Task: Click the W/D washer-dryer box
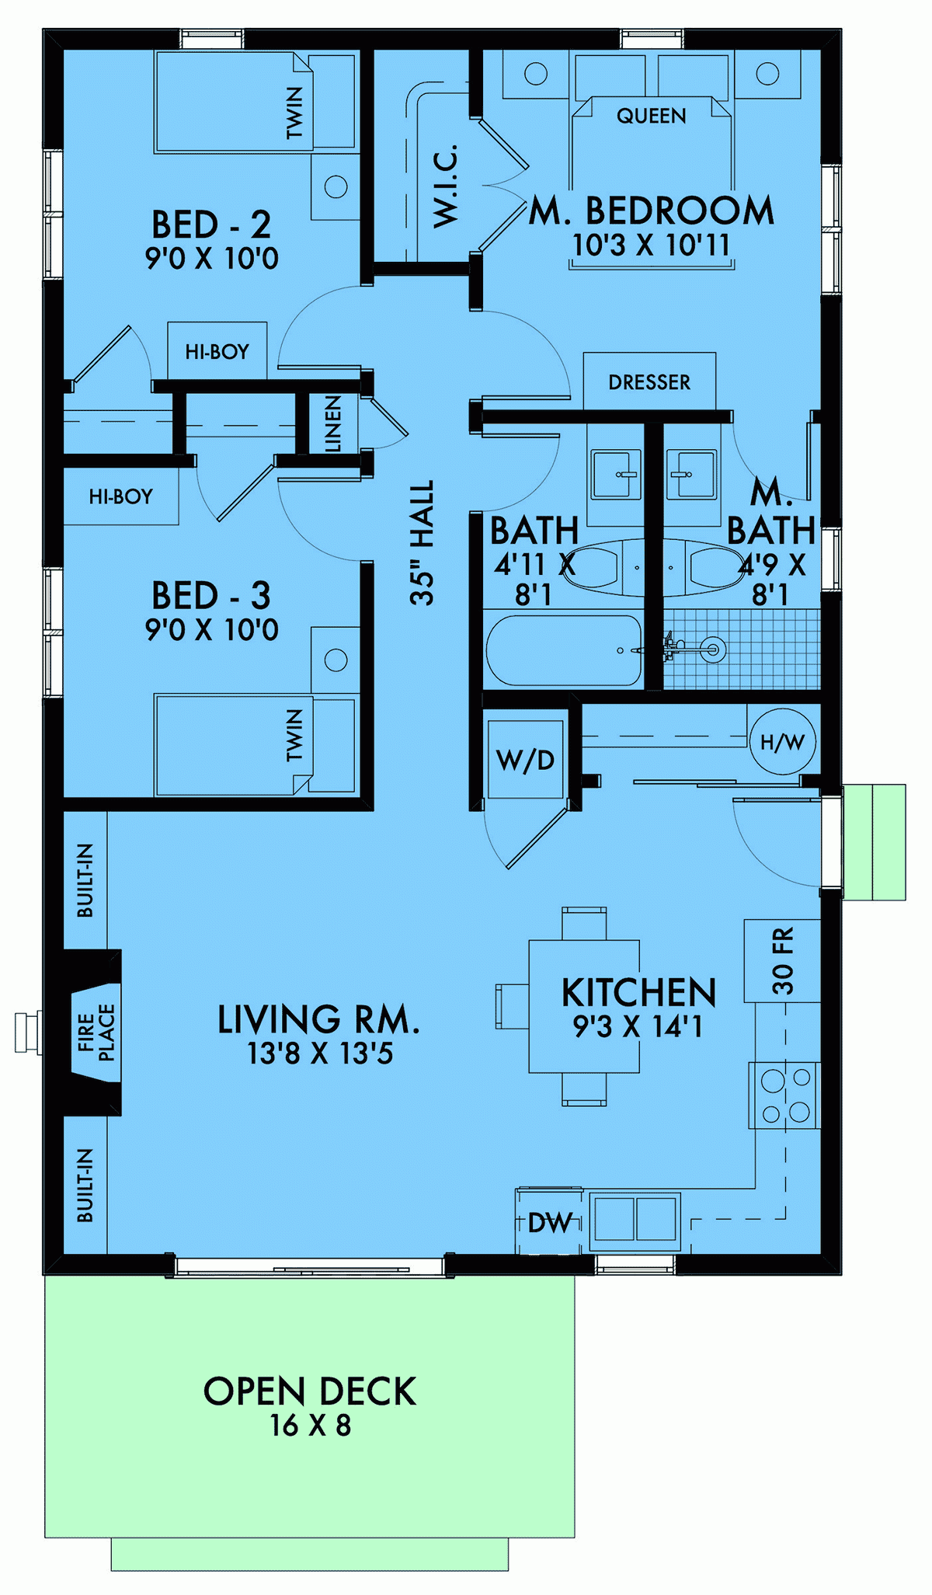[526, 759]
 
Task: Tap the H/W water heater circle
[782, 742]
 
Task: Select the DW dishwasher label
[550, 1223]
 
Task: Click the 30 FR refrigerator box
[782, 960]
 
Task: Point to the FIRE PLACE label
[96, 1032]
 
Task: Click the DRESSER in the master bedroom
[649, 381]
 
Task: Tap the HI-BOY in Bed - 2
[217, 352]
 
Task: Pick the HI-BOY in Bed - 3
[120, 496]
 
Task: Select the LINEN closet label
[332, 423]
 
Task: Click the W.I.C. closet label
[445, 186]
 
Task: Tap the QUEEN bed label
[651, 117]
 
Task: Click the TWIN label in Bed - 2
[294, 113]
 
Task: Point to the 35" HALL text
[422, 542]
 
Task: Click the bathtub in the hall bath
[564, 650]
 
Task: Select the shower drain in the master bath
[712, 649]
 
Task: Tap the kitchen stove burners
[784, 1095]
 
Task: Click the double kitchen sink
[635, 1218]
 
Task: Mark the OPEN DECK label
[310, 1391]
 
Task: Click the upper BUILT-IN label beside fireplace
[85, 879]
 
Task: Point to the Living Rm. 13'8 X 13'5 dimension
[320, 1053]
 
